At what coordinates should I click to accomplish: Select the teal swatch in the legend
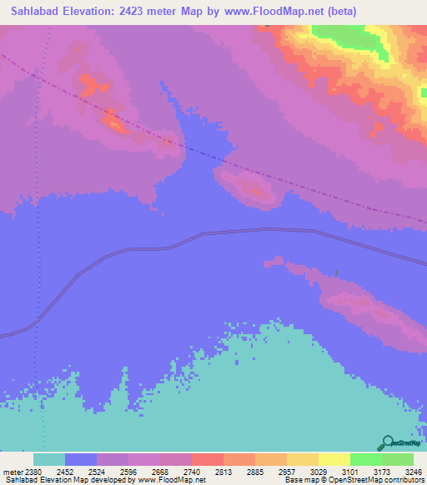48,460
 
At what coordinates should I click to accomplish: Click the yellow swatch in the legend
334,460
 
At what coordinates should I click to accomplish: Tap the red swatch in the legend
207,460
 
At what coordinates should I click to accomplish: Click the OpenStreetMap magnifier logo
386,442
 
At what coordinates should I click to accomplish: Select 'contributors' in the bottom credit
404,480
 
